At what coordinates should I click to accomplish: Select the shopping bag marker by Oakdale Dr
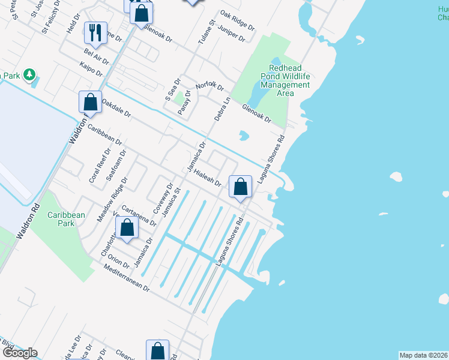pyautogui.click(x=90, y=101)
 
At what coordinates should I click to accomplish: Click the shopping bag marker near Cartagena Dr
pyautogui.click(x=127, y=228)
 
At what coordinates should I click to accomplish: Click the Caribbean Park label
pyautogui.click(x=66, y=218)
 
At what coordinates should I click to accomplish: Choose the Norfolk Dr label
pyautogui.click(x=209, y=86)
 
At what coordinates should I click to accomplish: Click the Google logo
pyautogui.click(x=20, y=353)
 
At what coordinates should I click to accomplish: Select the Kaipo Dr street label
pyautogui.click(x=90, y=71)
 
